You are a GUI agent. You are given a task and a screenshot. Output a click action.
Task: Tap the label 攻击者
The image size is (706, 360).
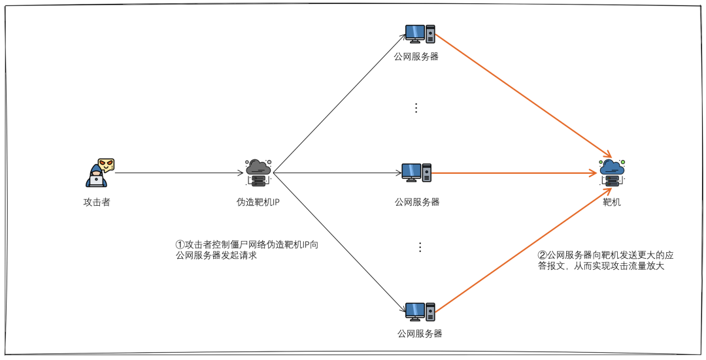tap(97, 203)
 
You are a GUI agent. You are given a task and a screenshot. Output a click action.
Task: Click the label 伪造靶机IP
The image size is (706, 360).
tap(258, 203)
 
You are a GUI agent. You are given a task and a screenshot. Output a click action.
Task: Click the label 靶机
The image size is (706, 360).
tap(612, 203)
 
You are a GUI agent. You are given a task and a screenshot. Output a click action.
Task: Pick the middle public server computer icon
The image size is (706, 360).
tap(416, 173)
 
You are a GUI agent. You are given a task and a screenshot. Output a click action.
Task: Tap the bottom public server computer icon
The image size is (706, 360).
tap(420, 312)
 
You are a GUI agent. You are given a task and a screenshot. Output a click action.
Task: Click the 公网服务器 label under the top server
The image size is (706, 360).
tap(416, 56)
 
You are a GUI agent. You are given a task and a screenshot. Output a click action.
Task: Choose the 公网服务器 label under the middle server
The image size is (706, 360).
tap(417, 202)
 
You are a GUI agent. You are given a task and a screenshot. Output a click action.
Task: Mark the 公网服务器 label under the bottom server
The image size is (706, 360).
tap(420, 334)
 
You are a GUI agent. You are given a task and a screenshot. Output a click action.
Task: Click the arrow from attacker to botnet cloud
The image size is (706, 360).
tap(178, 173)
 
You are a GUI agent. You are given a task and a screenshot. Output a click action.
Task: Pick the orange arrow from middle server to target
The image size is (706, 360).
tap(516, 173)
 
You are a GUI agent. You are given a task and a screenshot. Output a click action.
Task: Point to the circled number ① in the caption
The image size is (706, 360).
tap(180, 244)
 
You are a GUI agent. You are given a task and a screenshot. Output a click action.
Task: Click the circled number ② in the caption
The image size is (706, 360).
tap(541, 255)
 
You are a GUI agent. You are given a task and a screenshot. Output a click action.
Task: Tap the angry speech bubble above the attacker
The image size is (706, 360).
tap(107, 164)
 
